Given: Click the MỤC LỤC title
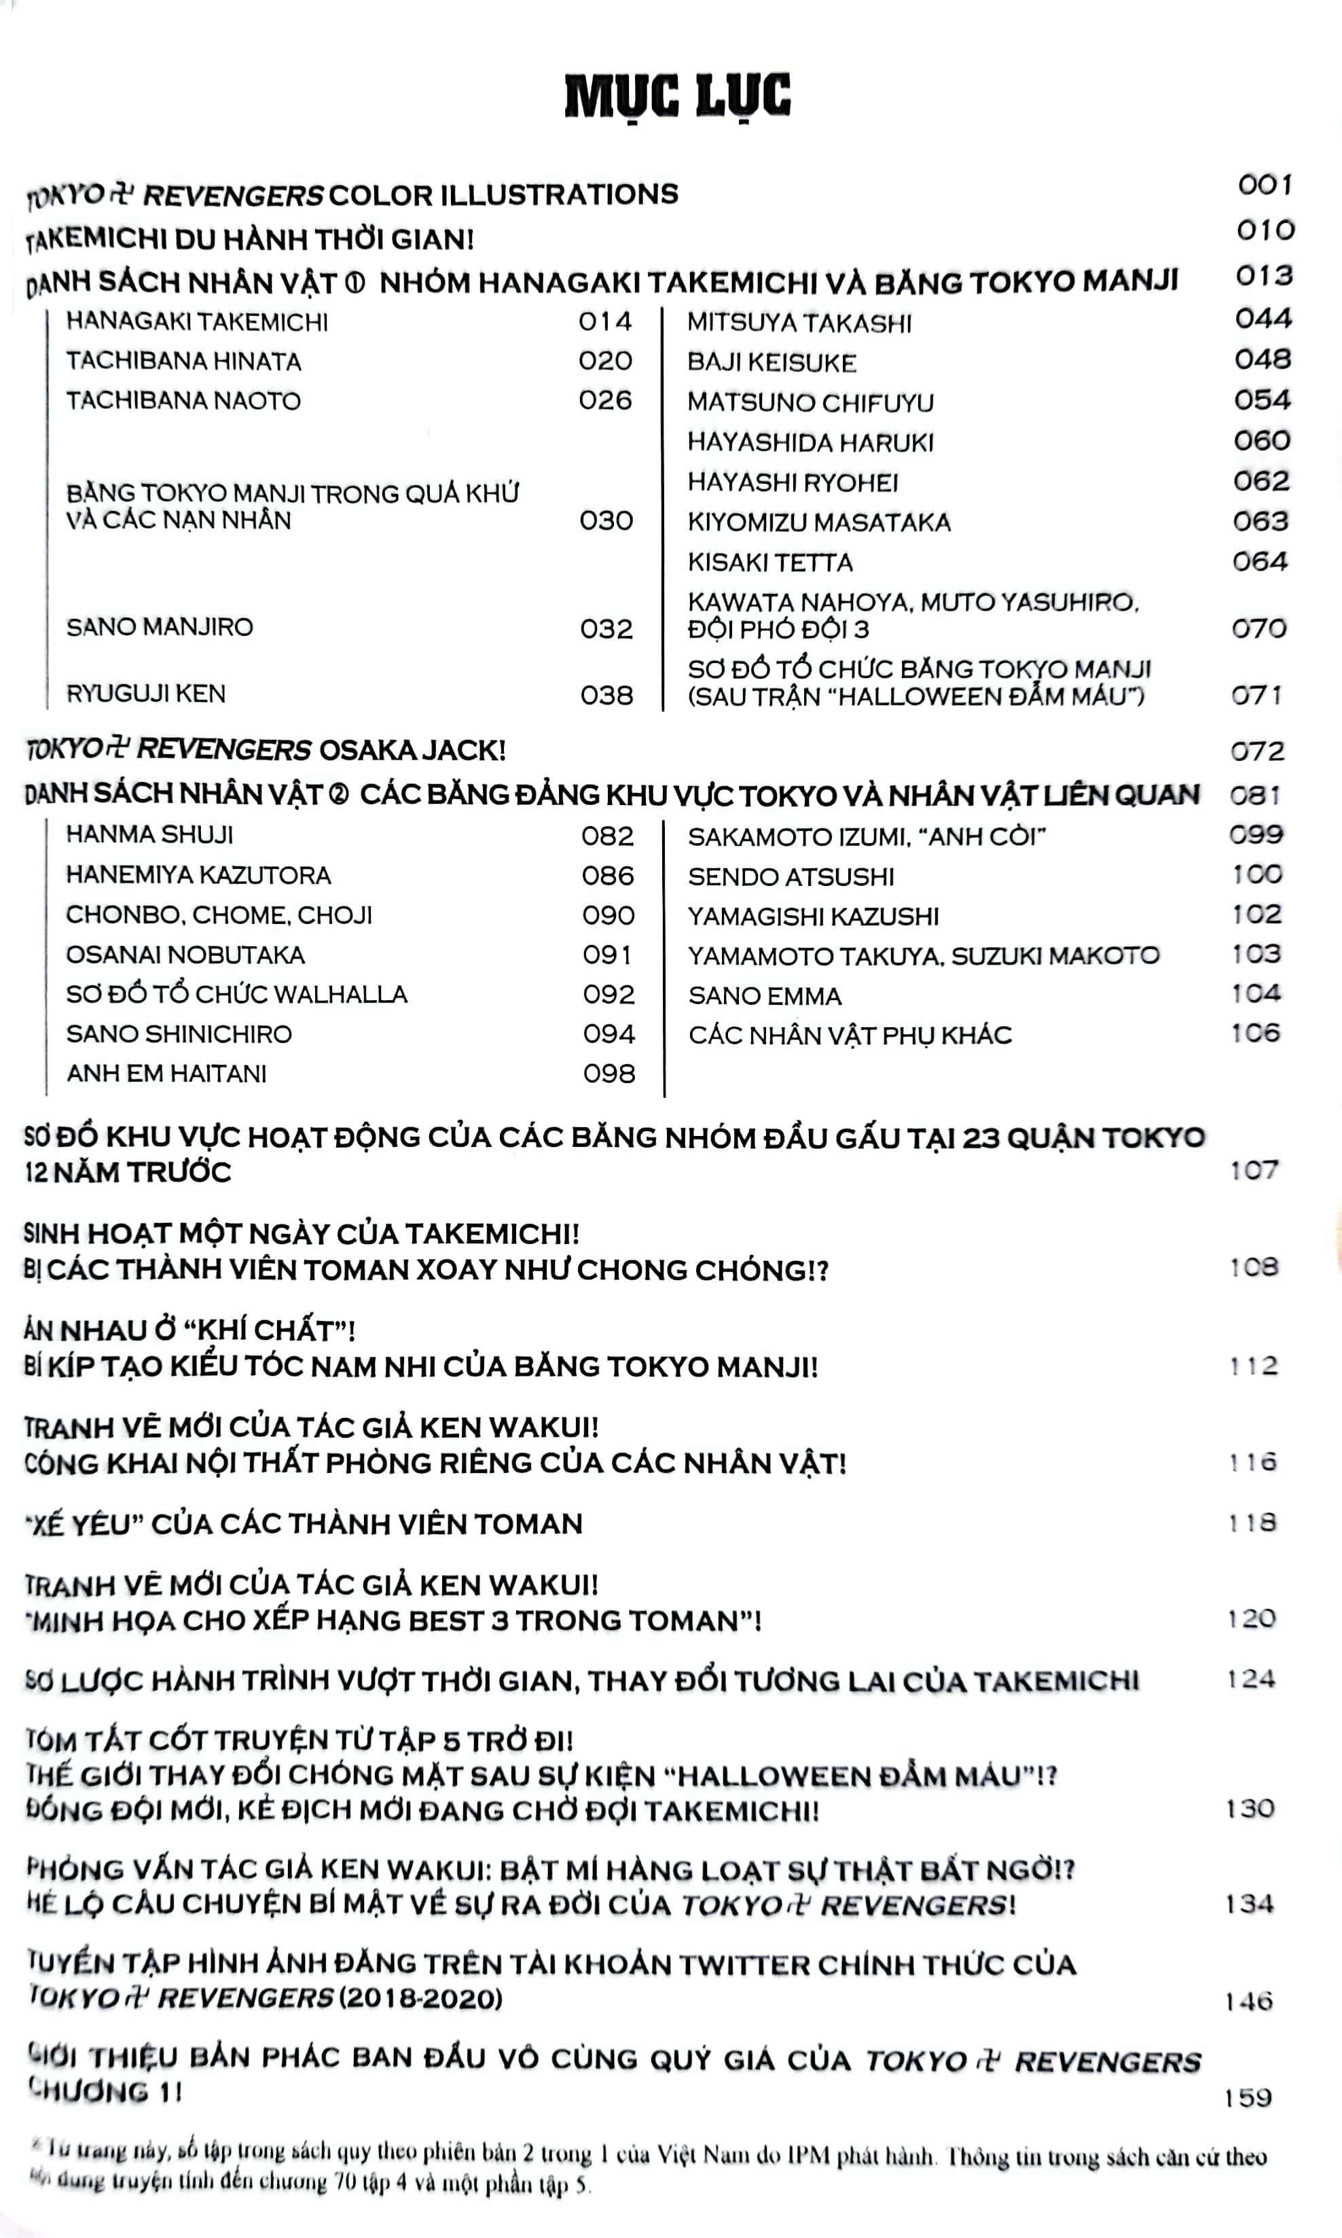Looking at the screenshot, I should tap(677, 96).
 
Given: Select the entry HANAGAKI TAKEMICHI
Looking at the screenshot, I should tap(197, 322).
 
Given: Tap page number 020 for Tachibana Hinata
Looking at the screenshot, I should tap(605, 361).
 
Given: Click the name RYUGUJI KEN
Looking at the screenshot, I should tap(145, 694).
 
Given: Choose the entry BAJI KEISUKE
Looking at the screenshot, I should tap(772, 363).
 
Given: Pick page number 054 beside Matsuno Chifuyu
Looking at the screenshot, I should tap(1263, 399).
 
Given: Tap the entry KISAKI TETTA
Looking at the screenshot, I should tap(769, 563).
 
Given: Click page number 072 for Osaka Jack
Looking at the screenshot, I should tap(1257, 751).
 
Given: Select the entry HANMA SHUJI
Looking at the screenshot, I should tap(149, 834).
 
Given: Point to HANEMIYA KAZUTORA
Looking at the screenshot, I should tap(198, 875).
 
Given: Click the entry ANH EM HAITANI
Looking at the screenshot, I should tap(166, 1073).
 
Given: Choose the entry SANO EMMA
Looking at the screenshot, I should tap(764, 996).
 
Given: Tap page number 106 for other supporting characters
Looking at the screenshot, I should tap(1256, 1033).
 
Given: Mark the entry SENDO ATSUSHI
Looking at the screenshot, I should tap(791, 876).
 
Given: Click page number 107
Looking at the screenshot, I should tap(1254, 1171).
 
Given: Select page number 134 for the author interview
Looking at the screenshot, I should tap(1250, 1904).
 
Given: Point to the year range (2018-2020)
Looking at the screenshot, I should tap(420, 1997).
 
